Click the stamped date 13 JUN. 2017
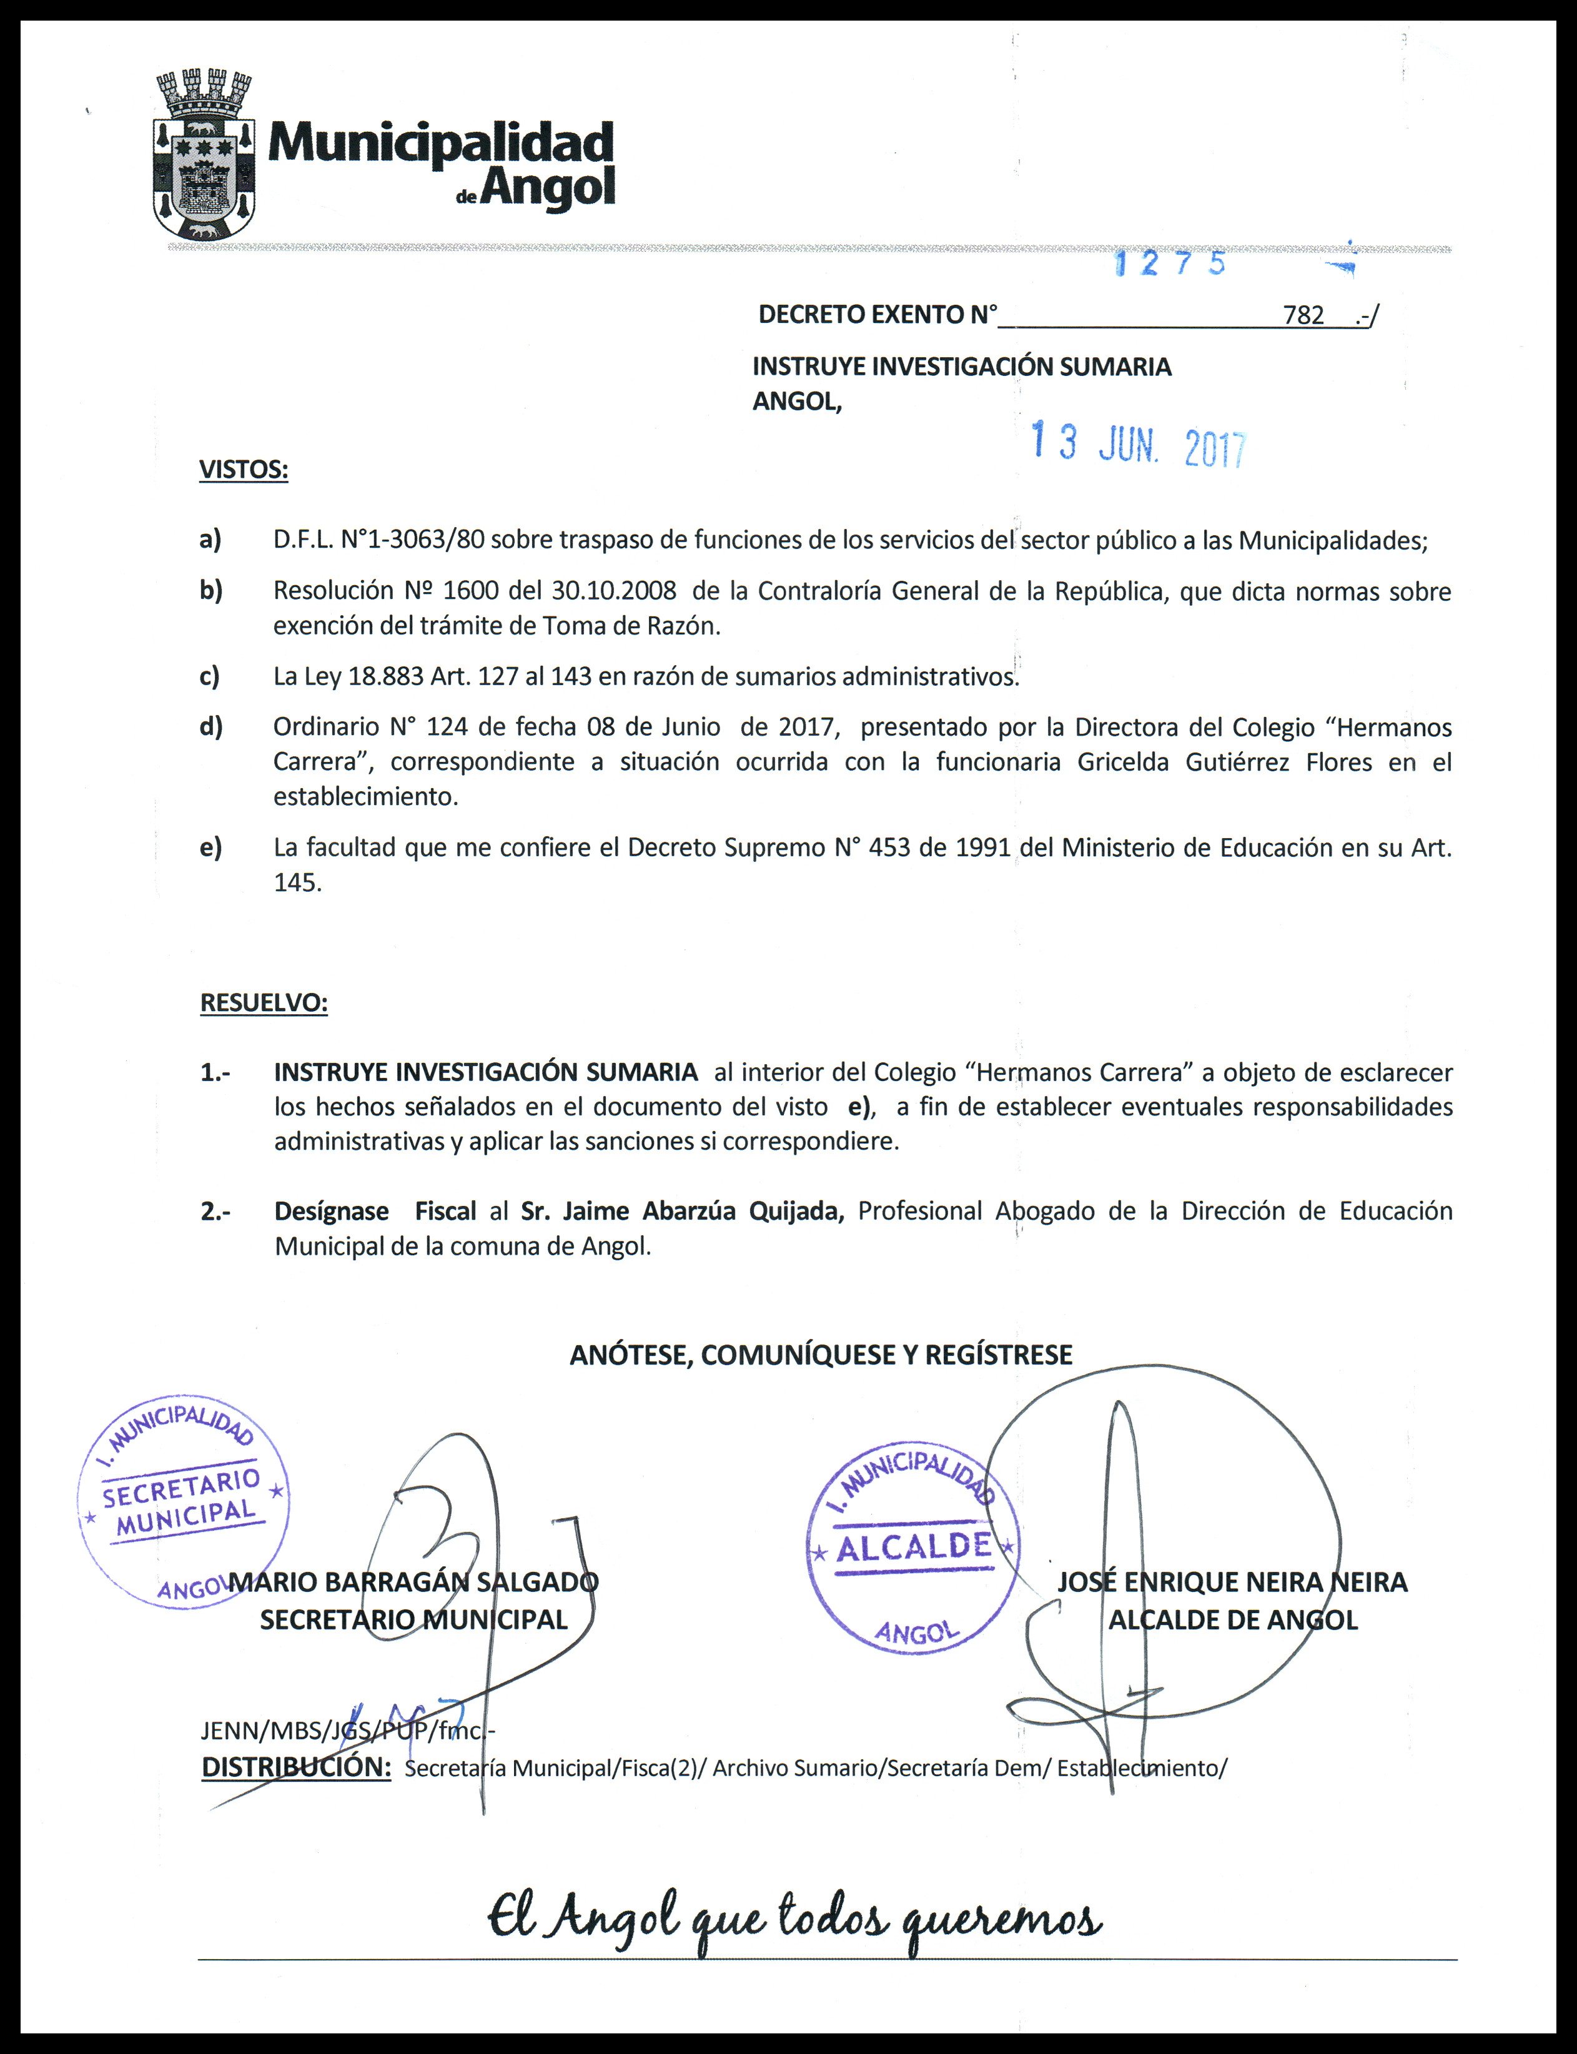tap(1138, 444)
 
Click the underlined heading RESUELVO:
tap(264, 1002)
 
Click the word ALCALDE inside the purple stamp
tap(913, 1546)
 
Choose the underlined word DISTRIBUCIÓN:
tap(295, 1767)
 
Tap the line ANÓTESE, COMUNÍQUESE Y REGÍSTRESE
tap(821, 1355)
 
